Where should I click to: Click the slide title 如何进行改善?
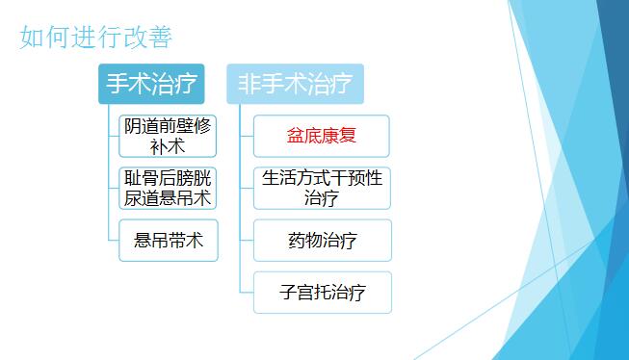(95, 38)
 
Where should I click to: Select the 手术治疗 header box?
(152, 84)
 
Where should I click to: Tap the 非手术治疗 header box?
(295, 84)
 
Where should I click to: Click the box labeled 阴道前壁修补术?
(168, 136)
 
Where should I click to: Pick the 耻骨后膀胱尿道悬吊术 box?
(168, 188)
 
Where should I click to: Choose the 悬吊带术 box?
(169, 241)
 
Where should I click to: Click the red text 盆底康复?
(322, 136)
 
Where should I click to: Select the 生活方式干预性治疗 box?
(322, 188)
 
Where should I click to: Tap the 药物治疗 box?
(322, 241)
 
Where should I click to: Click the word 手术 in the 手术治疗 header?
(130, 85)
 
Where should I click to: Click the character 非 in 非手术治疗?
(249, 85)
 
